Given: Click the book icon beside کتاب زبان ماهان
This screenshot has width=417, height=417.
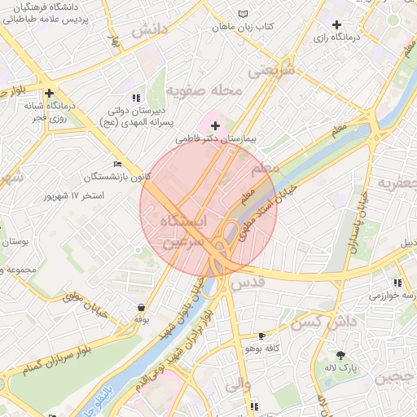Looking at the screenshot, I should (x=242, y=14).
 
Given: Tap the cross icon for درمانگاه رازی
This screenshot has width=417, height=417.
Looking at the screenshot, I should (x=336, y=25).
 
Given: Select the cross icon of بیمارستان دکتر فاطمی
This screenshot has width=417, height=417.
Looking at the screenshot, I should (x=215, y=125).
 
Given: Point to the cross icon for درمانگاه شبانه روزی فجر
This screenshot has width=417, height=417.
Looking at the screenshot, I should (x=50, y=94).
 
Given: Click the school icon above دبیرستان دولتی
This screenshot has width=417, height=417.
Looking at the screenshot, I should (x=135, y=97).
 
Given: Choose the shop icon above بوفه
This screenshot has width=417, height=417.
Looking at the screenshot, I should (x=143, y=308).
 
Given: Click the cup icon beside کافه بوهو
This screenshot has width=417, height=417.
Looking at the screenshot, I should (x=261, y=336).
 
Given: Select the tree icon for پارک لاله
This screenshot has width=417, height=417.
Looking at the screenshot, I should (x=340, y=355).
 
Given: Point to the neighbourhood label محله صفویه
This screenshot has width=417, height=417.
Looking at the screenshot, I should (x=204, y=90).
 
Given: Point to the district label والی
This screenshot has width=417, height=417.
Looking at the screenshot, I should (x=257, y=384).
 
